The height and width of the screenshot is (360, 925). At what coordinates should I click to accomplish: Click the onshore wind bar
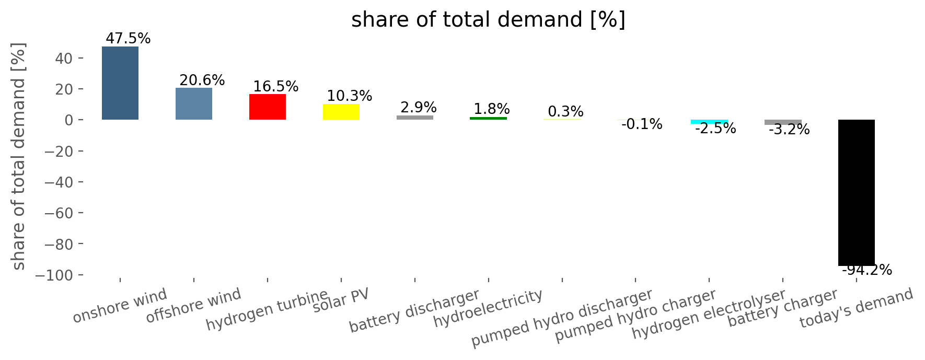120,83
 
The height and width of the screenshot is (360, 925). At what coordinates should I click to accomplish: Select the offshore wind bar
193,103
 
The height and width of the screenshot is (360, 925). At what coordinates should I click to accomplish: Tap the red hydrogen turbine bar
267,107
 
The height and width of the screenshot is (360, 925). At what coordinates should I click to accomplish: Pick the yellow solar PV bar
341,112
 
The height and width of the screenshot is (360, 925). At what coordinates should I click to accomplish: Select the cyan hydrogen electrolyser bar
709,122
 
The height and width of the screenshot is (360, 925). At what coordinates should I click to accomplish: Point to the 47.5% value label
128,39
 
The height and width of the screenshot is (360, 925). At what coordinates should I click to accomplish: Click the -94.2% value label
866,270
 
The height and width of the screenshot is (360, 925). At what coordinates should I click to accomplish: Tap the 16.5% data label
276,86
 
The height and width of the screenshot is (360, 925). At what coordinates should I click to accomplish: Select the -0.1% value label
642,124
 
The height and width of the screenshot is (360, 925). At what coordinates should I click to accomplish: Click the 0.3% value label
565,111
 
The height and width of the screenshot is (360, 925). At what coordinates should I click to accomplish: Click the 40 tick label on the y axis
64,58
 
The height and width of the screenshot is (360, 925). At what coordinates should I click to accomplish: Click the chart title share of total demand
488,20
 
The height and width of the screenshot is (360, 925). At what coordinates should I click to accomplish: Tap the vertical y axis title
18,157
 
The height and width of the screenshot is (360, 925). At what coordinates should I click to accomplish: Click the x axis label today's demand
856,308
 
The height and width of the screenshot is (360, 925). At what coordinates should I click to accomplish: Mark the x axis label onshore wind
120,306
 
